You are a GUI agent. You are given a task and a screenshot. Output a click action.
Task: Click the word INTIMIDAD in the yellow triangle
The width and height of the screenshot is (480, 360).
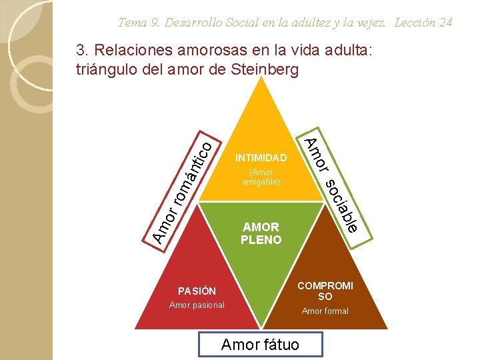click(x=261, y=159)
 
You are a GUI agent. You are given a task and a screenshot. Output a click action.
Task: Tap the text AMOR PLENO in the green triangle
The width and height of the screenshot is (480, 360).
click(x=261, y=233)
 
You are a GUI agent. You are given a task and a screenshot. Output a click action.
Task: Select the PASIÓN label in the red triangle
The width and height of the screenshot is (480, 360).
click(x=197, y=291)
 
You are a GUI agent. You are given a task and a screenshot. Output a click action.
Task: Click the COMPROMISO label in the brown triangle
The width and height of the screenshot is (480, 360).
click(x=325, y=291)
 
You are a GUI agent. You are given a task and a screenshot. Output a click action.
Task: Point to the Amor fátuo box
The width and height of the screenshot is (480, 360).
click(x=260, y=344)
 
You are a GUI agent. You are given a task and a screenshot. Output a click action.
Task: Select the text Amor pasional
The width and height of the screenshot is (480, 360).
click(x=197, y=305)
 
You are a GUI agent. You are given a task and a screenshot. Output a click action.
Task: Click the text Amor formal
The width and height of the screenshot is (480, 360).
click(x=325, y=311)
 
